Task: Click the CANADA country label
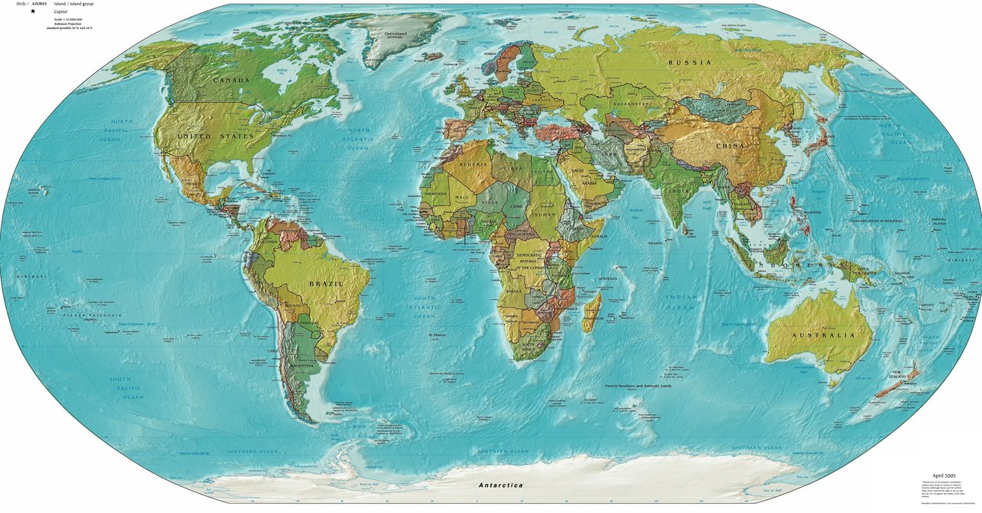pyautogui.click(x=231, y=81)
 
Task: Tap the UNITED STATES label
pyautogui.click(x=215, y=136)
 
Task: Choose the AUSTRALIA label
pyautogui.click(x=823, y=336)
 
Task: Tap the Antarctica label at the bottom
pyautogui.click(x=500, y=485)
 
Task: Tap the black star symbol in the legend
pyautogui.click(x=33, y=12)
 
